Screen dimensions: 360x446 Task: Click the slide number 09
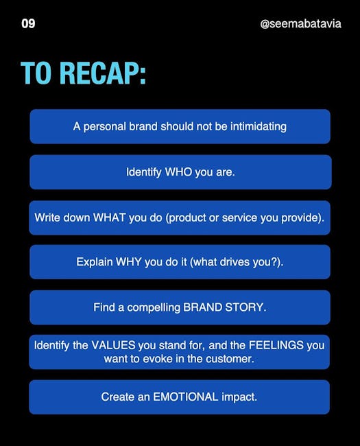[28, 23]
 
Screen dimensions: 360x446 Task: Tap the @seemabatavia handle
[300, 23]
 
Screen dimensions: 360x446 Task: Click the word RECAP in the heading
[103, 73]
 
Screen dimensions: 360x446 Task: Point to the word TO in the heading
[38, 73]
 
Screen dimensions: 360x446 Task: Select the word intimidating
[259, 126]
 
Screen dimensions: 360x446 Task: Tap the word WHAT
[110, 218]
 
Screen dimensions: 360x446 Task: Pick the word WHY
[128, 261]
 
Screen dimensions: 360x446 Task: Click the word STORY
[245, 307]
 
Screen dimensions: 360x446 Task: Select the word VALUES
[113, 345]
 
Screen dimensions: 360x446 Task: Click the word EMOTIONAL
[186, 397]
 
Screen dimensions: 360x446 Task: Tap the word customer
[230, 359]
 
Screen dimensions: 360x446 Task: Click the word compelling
[154, 308]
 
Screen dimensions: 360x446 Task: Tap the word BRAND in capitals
[202, 307]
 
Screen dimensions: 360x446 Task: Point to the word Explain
[95, 262]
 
